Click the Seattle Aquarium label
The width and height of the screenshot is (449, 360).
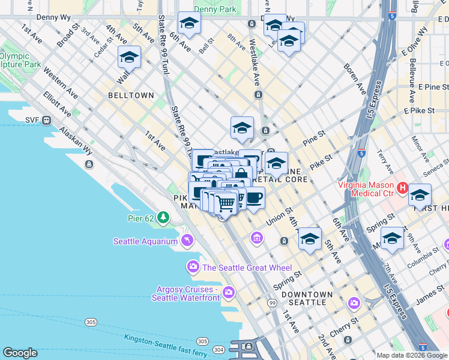[146, 241]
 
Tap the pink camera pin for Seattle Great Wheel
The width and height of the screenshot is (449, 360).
[193, 266]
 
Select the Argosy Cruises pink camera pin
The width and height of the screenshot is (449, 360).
[228, 292]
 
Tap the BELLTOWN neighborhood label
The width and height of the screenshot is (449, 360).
[131, 95]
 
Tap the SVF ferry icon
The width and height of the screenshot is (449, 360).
[47, 120]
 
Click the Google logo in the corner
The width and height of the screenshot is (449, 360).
[20, 353]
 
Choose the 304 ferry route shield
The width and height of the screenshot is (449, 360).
[220, 350]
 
